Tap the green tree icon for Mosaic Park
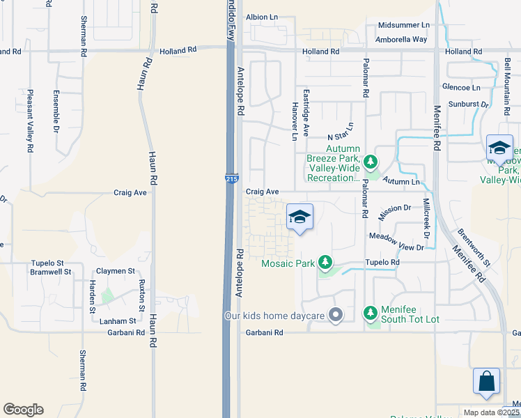click(x=324, y=262)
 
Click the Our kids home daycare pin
click(x=336, y=316)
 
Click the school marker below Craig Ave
click(x=299, y=217)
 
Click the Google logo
click(x=23, y=410)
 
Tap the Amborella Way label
click(x=401, y=39)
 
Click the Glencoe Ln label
click(x=461, y=87)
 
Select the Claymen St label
click(x=116, y=270)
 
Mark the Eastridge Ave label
click(x=306, y=111)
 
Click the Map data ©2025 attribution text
click(x=491, y=412)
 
